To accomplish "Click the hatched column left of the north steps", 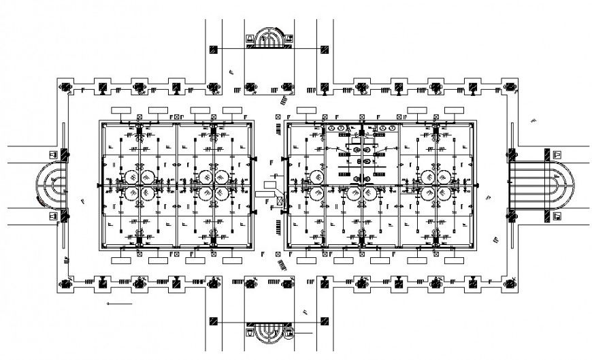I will pos(214,49).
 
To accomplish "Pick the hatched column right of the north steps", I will pos(325,49).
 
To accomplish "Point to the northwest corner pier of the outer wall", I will pos(67,87).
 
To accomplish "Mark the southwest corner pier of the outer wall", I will pos(67,282).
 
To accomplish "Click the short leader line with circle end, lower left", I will pos(120,304).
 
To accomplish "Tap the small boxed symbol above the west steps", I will pos(52,154).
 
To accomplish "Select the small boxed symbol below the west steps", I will pos(52,216).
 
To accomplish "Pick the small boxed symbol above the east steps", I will pos(557,154).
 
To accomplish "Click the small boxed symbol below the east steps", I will pos(557,216).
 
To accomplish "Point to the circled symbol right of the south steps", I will pos(291,333).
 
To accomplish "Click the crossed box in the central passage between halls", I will pos(279,201).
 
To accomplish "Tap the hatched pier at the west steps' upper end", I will pos(64,155).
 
